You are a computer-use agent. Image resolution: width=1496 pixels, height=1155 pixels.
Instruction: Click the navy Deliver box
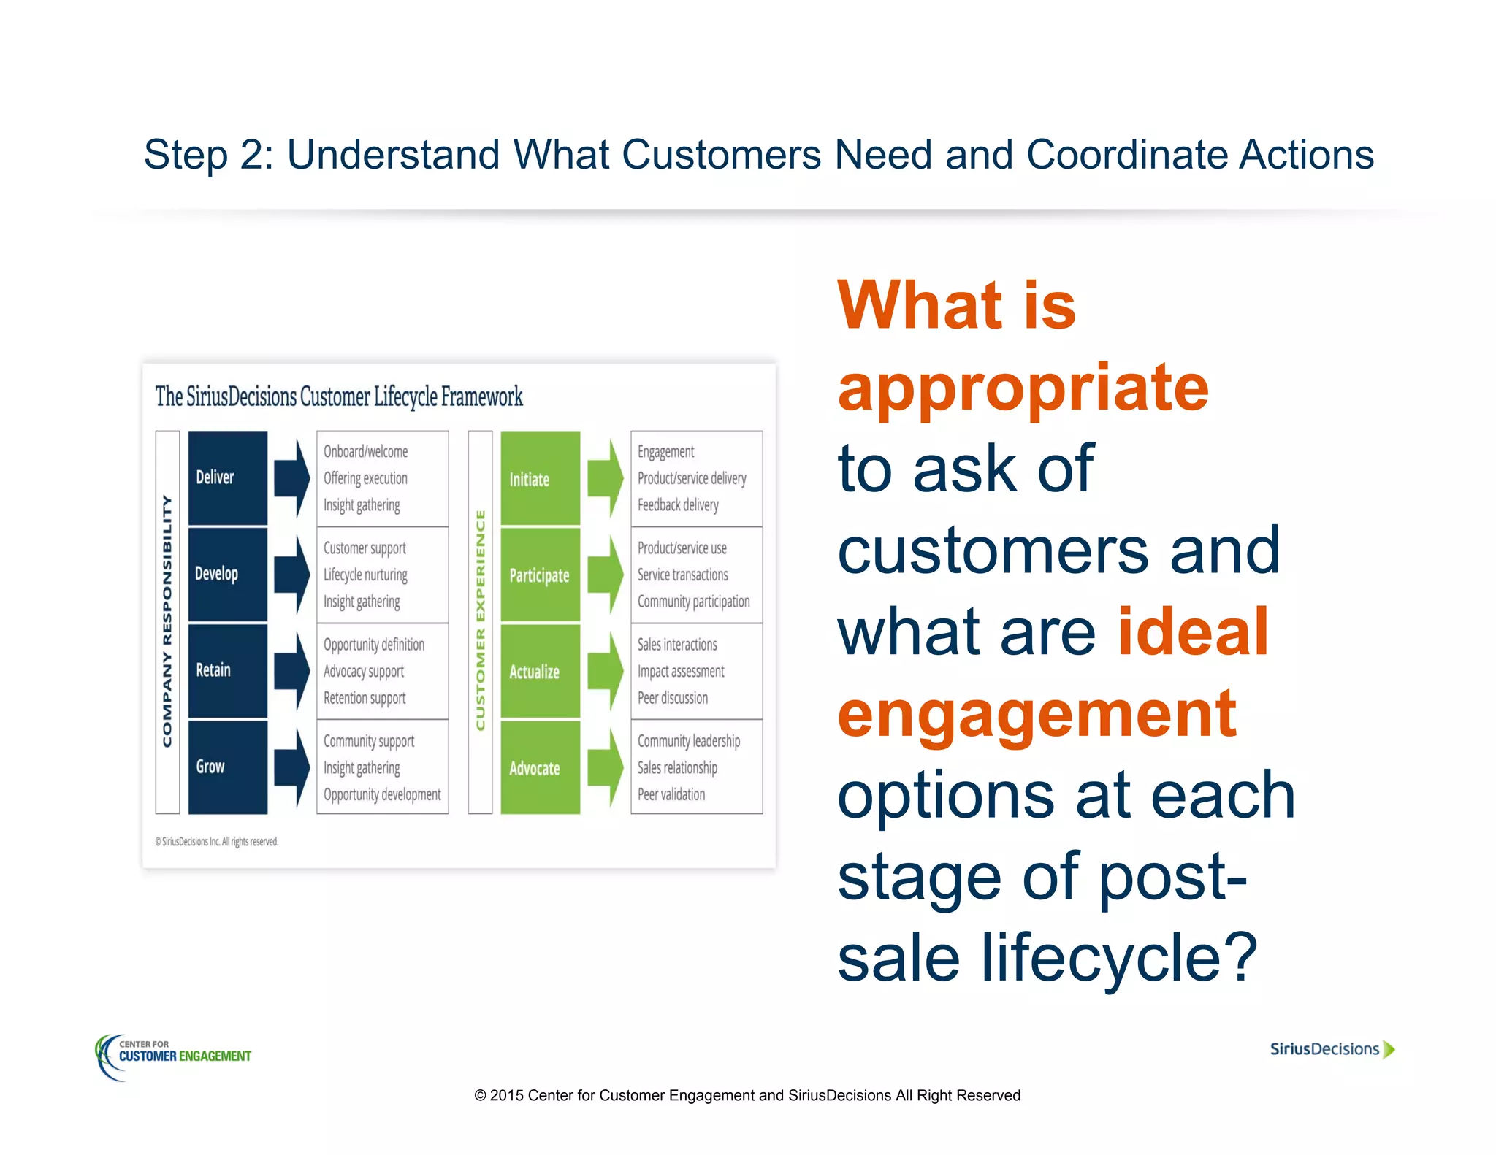227,477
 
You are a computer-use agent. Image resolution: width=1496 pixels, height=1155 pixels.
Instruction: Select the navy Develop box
227,574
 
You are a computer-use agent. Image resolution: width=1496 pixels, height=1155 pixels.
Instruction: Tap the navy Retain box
227,670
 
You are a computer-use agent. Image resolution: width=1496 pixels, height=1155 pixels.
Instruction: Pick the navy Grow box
227,767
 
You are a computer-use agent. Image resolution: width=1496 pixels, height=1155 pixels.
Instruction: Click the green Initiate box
540,478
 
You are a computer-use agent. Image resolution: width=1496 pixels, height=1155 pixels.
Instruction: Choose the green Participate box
540,575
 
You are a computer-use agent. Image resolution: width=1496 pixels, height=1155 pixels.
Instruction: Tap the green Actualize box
540,671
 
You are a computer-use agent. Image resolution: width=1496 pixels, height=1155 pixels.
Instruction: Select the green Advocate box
540,767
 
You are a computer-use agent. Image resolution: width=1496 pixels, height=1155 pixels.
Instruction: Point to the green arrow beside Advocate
605,767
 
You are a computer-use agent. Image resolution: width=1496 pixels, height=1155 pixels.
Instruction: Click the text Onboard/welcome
365,451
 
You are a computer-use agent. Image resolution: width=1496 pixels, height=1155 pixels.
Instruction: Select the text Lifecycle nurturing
365,575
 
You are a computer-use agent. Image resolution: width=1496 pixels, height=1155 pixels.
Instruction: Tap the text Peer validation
671,794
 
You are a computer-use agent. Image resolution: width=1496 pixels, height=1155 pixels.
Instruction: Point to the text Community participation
693,602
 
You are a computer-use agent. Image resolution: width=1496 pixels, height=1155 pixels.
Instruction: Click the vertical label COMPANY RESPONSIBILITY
167,621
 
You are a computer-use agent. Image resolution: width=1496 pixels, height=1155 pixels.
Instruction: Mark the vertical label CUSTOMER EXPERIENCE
480,621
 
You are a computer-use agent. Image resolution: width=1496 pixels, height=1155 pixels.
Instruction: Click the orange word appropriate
1023,387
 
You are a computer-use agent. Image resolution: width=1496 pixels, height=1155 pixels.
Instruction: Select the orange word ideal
1193,632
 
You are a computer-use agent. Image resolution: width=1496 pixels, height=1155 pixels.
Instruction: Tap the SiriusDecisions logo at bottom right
1332,1049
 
